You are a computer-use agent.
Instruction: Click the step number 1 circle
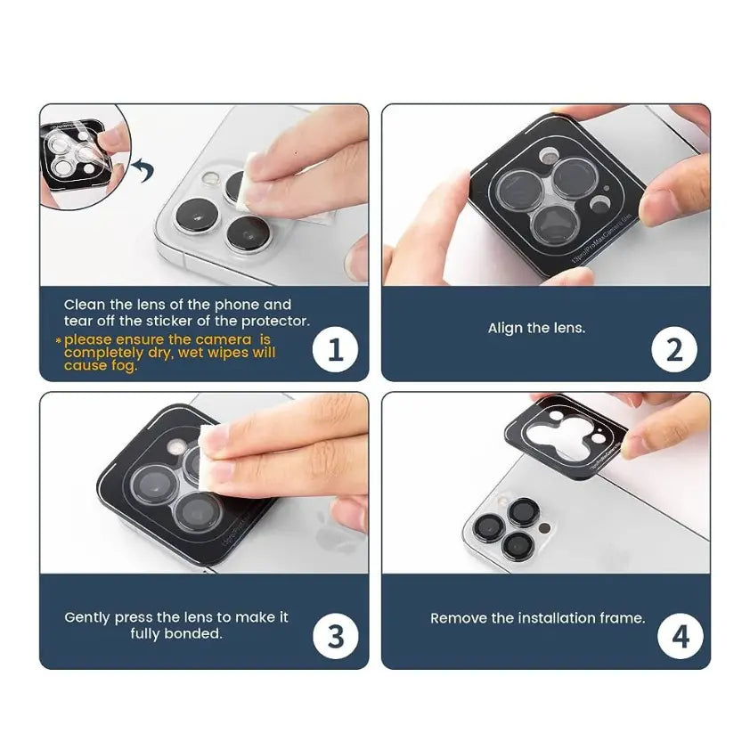pos(336,349)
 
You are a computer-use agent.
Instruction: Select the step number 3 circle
pos(336,636)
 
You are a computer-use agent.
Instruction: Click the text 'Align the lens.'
pos(536,328)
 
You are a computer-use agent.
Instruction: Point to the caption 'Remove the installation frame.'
pos(537,617)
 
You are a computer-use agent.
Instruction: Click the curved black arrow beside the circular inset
pos(140,167)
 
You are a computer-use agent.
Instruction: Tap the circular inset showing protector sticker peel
pos(83,157)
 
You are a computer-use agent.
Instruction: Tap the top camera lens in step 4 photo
pos(523,511)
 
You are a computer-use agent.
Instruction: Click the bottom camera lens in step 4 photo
pos(515,545)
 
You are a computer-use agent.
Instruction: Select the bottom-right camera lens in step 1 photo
pos(247,233)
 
